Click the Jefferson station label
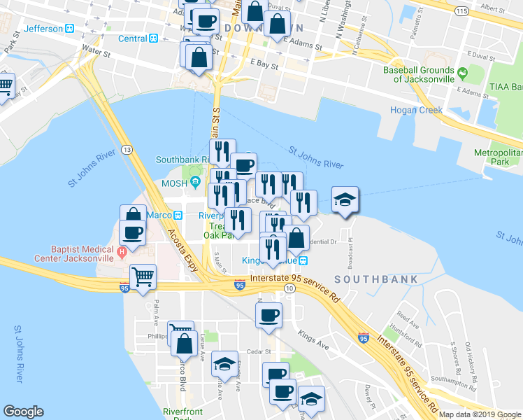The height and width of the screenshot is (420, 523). pos(43,29)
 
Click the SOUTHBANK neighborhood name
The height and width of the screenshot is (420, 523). pos(375,279)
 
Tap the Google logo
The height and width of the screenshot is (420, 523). pos(24,411)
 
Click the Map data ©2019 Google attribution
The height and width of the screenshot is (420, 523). pos(480,414)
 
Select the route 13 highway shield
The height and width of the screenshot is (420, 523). pos(126,150)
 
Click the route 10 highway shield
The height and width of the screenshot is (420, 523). pos(289,288)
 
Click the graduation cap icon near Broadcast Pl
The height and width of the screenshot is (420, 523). pos(345,200)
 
